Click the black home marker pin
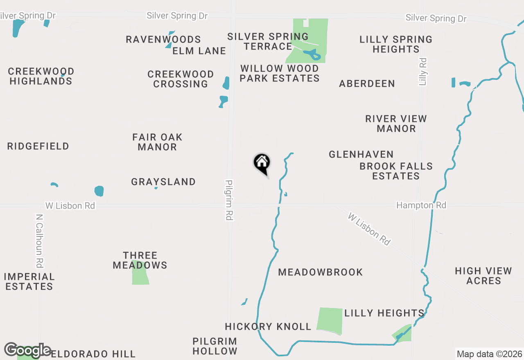pyautogui.click(x=262, y=163)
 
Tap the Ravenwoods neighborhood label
pyautogui.click(x=163, y=40)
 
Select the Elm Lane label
pyautogui.click(x=199, y=51)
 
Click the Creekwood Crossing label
pyautogui.click(x=181, y=79)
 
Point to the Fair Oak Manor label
pyautogui.click(x=157, y=142)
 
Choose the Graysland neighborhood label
pyautogui.click(x=163, y=182)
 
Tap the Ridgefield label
pyautogui.click(x=38, y=146)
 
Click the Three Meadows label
pyautogui.click(x=140, y=261)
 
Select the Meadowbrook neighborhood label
pyautogui.click(x=320, y=272)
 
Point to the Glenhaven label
pyautogui.click(x=361, y=155)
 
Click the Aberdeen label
pyautogui.click(x=367, y=84)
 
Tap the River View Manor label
pyautogui.click(x=396, y=124)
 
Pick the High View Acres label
pyautogui.click(x=483, y=276)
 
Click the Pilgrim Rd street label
pyautogui.click(x=229, y=200)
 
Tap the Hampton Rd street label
pyautogui.click(x=421, y=205)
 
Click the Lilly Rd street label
pyautogui.click(x=423, y=72)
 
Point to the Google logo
pyautogui.click(x=27, y=350)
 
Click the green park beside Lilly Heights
pyautogui.click(x=330, y=320)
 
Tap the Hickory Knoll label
pyautogui.click(x=268, y=327)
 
